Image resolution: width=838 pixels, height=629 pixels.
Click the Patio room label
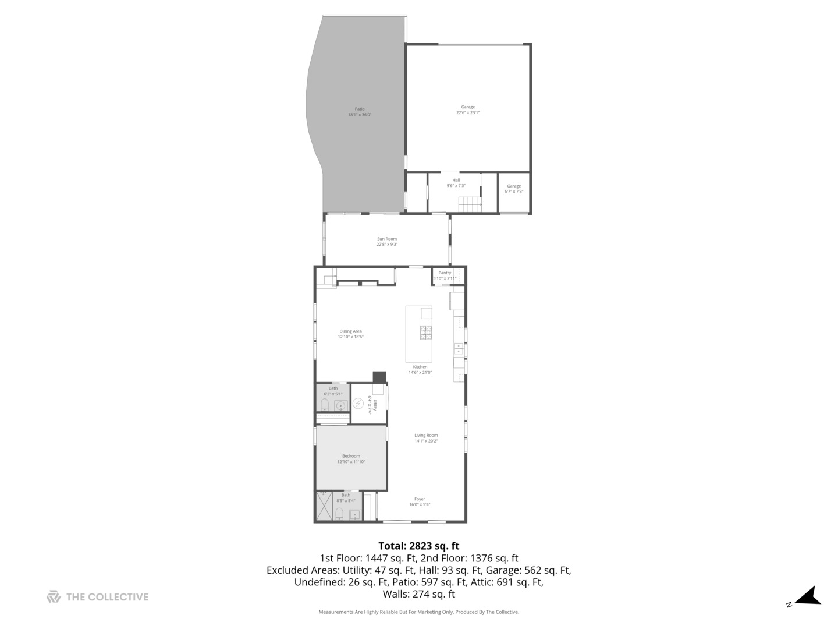[360, 112]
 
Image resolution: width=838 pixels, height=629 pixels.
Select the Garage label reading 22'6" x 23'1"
[468, 110]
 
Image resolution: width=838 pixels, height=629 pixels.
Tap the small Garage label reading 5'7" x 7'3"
[514, 189]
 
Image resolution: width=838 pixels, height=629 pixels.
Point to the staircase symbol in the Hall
[470, 204]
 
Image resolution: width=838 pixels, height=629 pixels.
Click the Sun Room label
[387, 242]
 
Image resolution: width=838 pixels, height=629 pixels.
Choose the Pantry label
[445, 275]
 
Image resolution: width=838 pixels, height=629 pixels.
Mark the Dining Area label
[350, 334]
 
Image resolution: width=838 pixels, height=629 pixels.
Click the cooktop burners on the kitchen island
[426, 333]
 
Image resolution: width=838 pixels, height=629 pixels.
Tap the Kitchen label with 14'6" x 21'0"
[420, 370]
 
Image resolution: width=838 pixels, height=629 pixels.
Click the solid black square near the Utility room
[379, 377]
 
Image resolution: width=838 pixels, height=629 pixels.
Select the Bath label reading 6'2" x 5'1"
[333, 391]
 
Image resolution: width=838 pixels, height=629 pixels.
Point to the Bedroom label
[351, 459]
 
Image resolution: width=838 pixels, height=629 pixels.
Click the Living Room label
[426, 438]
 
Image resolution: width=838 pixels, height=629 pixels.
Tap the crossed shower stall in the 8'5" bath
[324, 506]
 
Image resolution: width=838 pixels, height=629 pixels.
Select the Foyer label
[420, 501]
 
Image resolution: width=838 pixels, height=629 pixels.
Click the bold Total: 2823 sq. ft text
[418, 546]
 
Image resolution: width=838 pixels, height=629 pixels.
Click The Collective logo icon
[54, 596]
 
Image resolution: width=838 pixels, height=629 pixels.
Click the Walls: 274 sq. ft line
[418, 594]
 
